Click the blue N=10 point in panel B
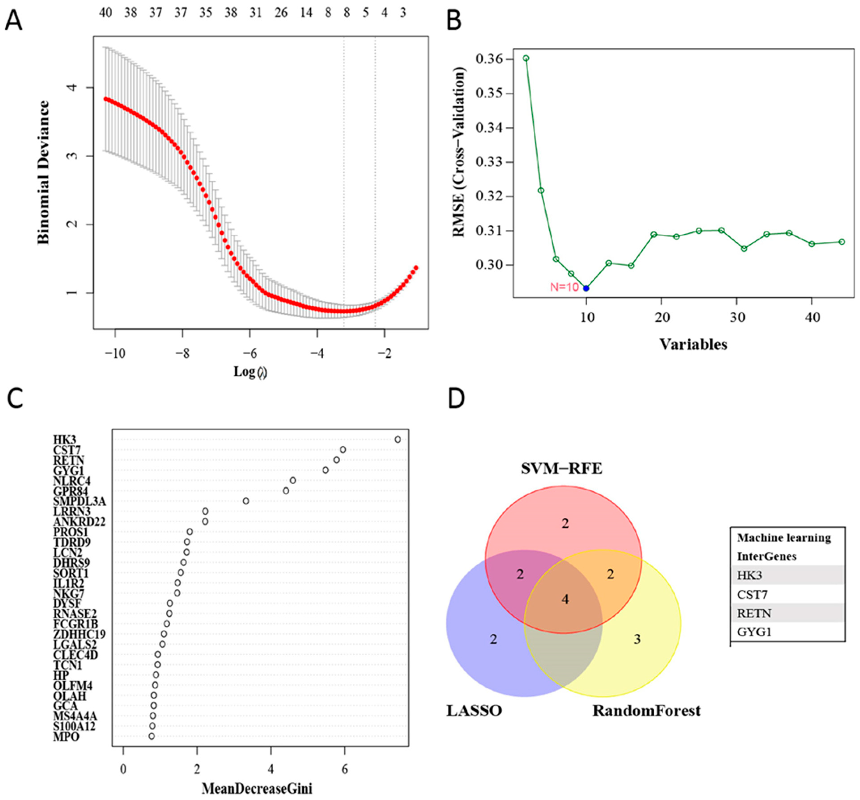pyautogui.click(x=586, y=288)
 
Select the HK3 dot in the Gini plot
pyautogui.click(x=397, y=439)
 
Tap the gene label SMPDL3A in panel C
pyautogui.click(x=79, y=501)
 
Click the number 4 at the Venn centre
pyautogui.click(x=565, y=599)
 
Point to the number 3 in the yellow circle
pyautogui.click(x=637, y=639)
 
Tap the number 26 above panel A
pyautogui.click(x=281, y=13)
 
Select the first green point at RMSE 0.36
pyautogui.click(x=526, y=58)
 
